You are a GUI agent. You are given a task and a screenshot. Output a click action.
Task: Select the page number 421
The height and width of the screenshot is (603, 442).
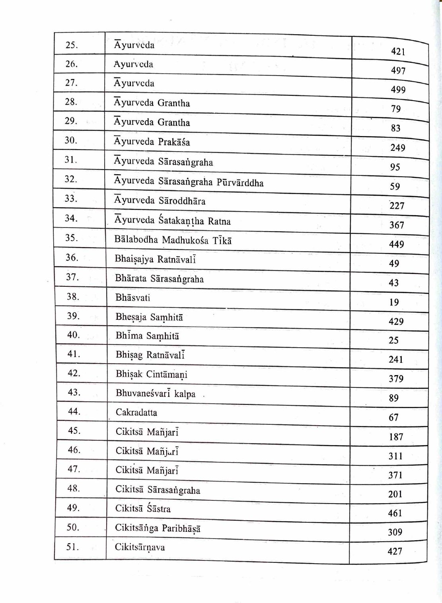coord(398,51)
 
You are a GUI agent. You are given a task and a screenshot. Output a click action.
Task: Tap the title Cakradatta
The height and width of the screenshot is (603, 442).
coord(136,412)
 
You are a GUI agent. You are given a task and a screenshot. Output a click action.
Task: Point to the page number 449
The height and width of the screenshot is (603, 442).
coord(397,244)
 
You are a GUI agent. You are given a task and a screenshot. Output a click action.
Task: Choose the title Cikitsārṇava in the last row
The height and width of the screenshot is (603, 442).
coord(140,547)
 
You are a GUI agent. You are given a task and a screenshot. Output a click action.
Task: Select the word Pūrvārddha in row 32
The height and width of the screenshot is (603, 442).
coord(240,183)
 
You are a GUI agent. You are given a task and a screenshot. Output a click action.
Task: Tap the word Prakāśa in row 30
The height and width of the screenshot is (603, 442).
coord(174,142)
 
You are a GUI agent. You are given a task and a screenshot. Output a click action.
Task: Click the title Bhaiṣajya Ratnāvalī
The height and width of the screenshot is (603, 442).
coord(156,259)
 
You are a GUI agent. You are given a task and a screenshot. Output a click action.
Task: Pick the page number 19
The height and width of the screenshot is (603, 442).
coord(394,302)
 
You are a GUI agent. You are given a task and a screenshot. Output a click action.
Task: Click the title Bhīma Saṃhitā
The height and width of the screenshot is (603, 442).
coord(148,336)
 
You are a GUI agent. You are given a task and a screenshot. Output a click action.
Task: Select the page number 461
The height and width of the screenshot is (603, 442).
coord(395,513)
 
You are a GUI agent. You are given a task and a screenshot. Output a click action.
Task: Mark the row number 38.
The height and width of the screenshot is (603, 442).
coord(73,296)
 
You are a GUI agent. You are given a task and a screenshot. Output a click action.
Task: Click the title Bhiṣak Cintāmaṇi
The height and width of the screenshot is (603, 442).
coord(152,375)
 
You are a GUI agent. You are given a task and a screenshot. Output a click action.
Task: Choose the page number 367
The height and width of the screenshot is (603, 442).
coord(397,225)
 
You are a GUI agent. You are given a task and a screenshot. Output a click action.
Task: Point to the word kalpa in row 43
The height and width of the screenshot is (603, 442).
coord(185,394)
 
